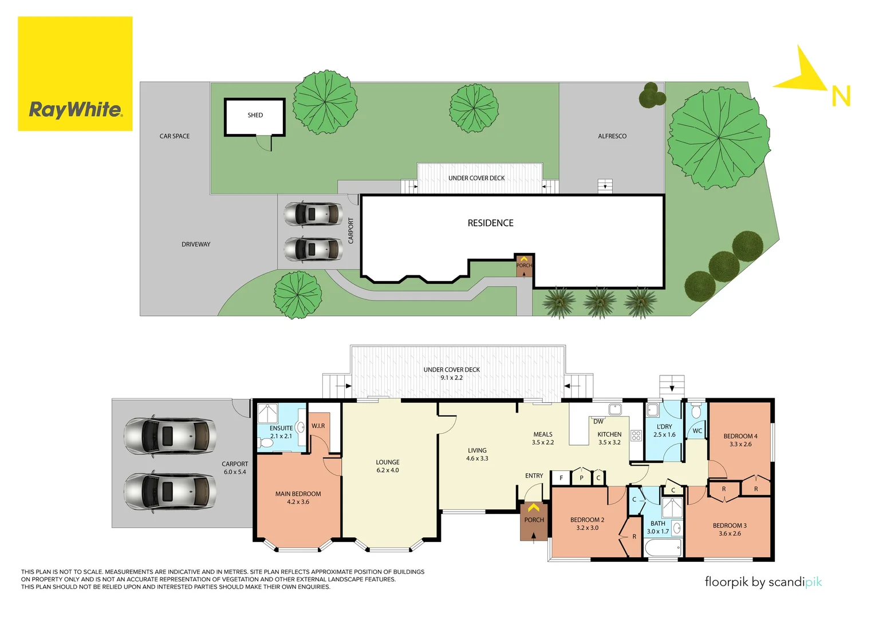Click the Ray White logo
(x=75, y=74)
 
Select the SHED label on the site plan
(x=255, y=116)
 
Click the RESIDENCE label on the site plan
(x=490, y=223)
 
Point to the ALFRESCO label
(x=612, y=136)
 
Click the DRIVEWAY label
(x=196, y=244)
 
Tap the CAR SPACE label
(x=174, y=136)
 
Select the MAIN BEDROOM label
(x=298, y=494)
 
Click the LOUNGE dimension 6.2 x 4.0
(x=388, y=470)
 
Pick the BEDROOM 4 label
(x=740, y=436)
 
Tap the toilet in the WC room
(x=696, y=412)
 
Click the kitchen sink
(x=615, y=409)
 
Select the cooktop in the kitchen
(x=636, y=436)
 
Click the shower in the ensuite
(x=267, y=413)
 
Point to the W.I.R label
(x=318, y=426)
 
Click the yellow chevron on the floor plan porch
(x=533, y=508)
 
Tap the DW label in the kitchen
(x=598, y=422)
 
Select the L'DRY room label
(x=664, y=427)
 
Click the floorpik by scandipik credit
(x=763, y=582)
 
